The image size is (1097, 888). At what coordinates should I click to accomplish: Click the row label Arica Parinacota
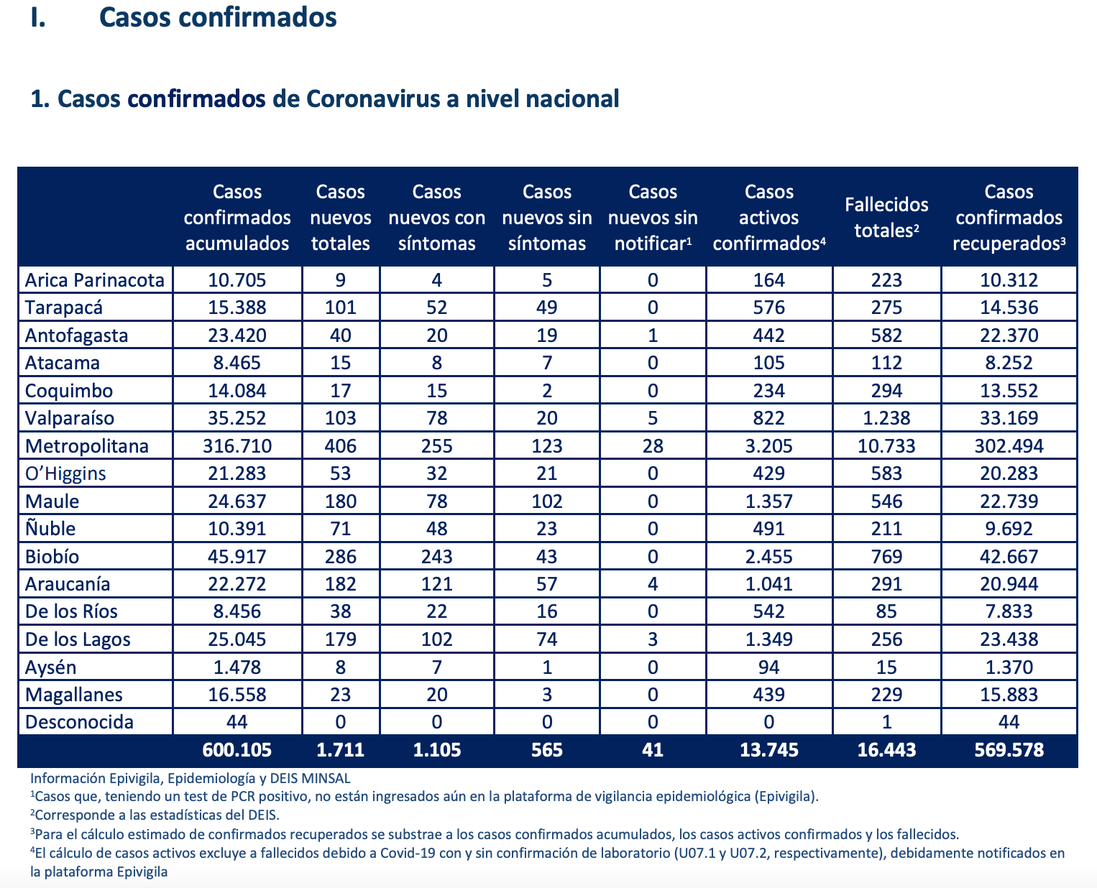[x=95, y=280]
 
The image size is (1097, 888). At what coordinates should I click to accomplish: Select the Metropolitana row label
[x=86, y=446]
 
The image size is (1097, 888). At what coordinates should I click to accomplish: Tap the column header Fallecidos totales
[x=886, y=218]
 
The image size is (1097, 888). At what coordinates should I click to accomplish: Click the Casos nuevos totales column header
[x=341, y=218]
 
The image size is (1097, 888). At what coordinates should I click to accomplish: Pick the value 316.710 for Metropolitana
[x=237, y=446]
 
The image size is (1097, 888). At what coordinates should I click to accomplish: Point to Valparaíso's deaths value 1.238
[x=886, y=418]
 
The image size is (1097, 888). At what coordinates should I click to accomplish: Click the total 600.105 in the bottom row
[x=237, y=750]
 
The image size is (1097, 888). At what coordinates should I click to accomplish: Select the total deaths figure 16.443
[x=886, y=750]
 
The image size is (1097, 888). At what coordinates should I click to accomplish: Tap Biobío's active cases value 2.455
[x=769, y=557]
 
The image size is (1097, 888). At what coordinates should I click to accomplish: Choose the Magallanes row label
[x=73, y=695]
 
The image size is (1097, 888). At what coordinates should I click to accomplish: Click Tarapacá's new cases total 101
[x=341, y=307]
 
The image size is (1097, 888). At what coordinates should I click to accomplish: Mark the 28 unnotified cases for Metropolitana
[x=653, y=446]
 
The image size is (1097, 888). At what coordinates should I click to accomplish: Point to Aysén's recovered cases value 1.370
[x=1009, y=667]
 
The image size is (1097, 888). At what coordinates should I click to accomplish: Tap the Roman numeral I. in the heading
[x=38, y=17]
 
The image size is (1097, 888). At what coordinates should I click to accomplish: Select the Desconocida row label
[x=79, y=722]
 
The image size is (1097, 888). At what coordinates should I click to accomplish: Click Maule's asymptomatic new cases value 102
[x=547, y=501]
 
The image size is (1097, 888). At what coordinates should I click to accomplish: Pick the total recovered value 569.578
[x=1009, y=750]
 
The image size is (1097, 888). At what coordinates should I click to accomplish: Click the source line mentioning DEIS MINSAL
[x=191, y=778]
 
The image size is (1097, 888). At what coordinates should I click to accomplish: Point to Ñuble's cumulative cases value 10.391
[x=237, y=529]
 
